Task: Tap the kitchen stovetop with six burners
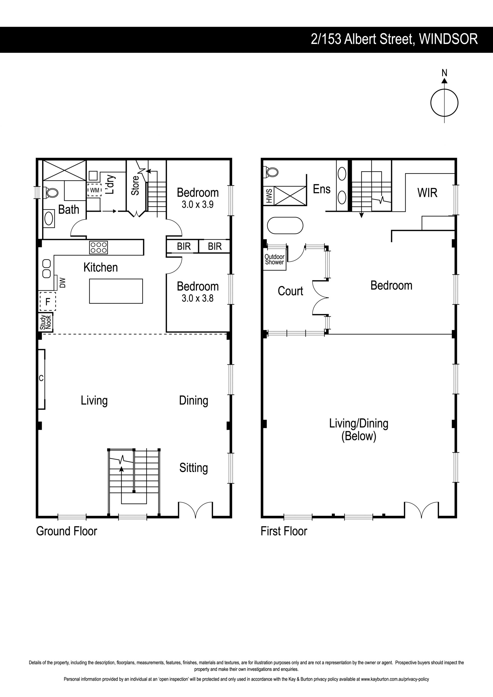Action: click(98, 247)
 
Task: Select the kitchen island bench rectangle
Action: click(116, 291)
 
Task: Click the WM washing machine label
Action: click(94, 190)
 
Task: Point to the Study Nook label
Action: click(45, 322)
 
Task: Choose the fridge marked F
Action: click(48, 302)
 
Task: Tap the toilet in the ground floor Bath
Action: click(51, 192)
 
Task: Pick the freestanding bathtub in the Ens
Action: click(285, 225)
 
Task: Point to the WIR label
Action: click(427, 193)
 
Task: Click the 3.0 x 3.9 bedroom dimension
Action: click(198, 205)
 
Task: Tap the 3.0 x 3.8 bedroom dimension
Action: click(198, 298)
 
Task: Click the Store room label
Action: click(135, 185)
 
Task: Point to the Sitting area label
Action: click(193, 468)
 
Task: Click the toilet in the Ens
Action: click(272, 172)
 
